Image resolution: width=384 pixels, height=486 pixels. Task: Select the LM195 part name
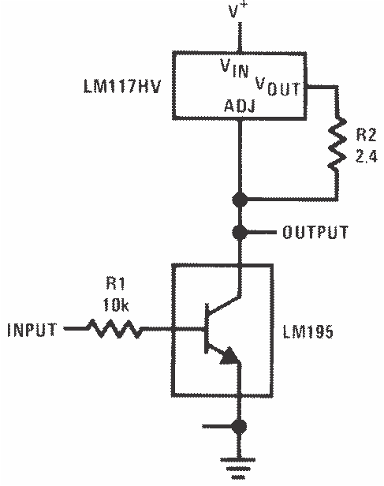click(308, 332)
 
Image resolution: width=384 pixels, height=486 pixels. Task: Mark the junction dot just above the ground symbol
click(237, 427)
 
